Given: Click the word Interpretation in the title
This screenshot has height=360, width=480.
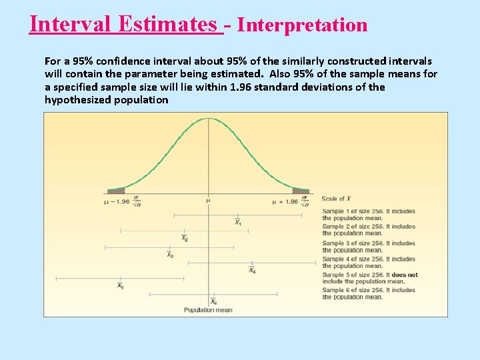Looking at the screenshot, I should (302, 25).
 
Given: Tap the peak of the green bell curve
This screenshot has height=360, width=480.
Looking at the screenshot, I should (209, 119).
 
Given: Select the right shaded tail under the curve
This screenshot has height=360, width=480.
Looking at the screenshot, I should (301, 191).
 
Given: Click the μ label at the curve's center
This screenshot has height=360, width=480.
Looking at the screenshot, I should (208, 201).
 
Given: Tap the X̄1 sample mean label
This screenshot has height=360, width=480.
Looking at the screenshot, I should (238, 223).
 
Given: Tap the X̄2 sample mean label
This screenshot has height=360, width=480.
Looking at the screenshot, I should (185, 239).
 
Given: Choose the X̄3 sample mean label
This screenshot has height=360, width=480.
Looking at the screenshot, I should (170, 255).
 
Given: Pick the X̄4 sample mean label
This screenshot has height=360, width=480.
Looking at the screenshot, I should (251, 271).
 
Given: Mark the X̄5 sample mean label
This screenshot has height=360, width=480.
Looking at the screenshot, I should (120, 286).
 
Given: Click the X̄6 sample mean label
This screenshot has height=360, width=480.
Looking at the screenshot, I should (213, 302).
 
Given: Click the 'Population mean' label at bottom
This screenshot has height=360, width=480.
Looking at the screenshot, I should (208, 310).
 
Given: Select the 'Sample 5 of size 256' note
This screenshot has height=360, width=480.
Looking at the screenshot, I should (370, 278).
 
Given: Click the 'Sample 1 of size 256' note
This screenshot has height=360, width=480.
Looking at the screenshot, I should (369, 215).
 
